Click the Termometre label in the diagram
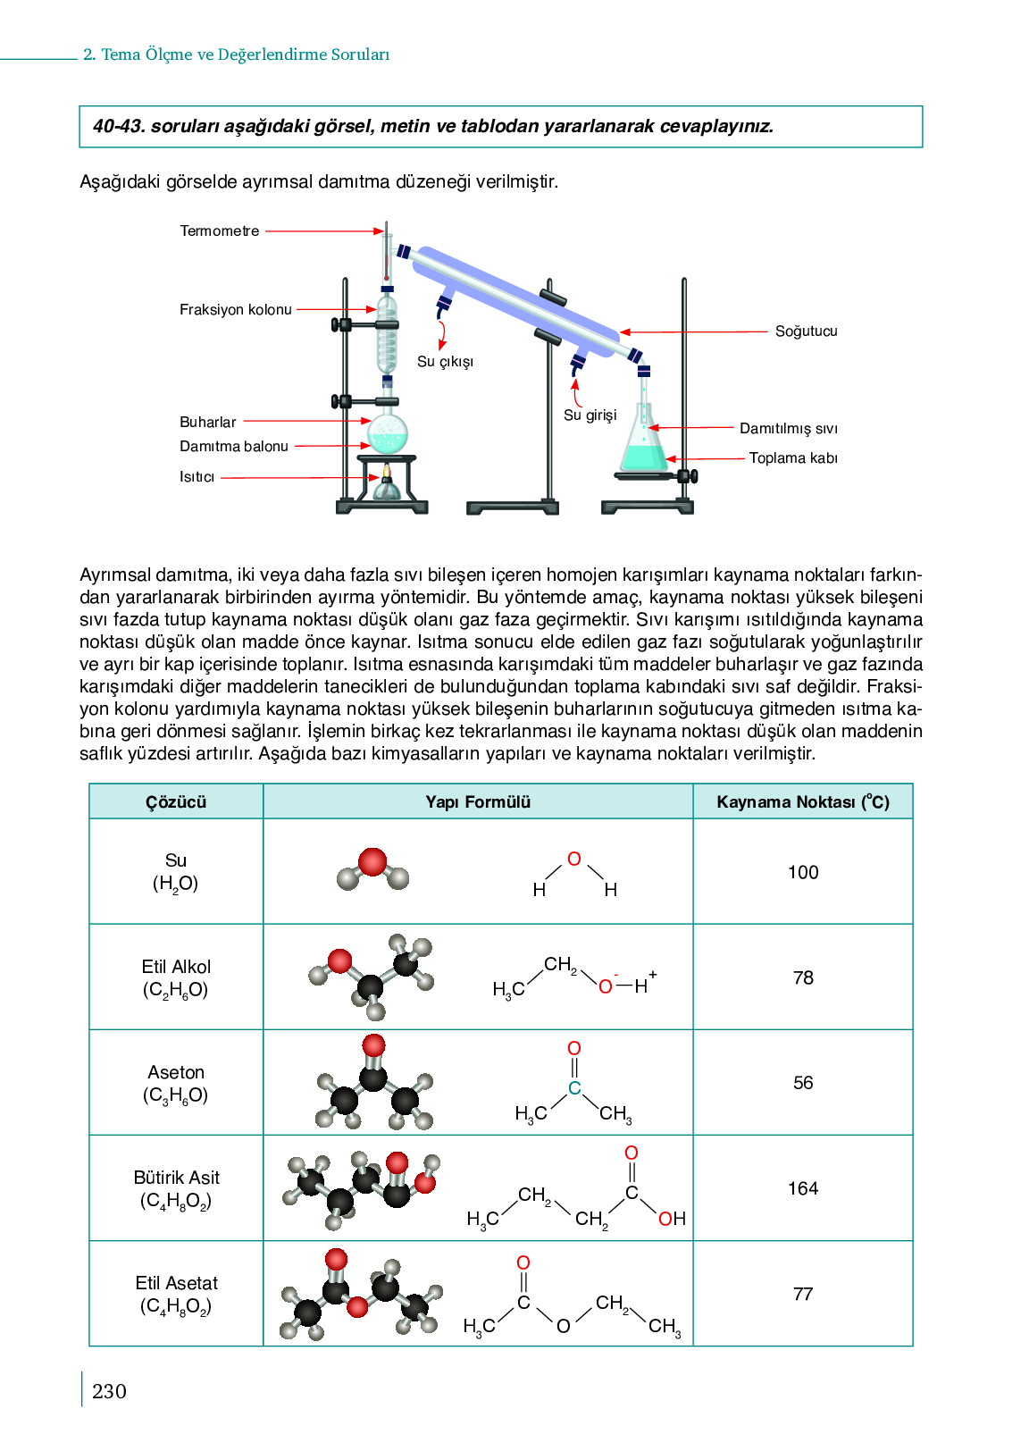click(x=220, y=231)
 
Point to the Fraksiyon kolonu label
click(x=236, y=310)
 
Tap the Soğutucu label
click(x=806, y=331)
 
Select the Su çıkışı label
click(x=445, y=362)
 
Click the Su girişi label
click(x=590, y=415)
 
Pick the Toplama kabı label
click(x=792, y=458)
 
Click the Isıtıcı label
click(x=197, y=477)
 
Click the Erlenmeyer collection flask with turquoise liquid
click(x=643, y=446)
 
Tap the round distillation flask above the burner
click(x=388, y=433)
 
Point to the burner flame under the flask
click(x=387, y=471)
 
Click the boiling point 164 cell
click(x=802, y=1188)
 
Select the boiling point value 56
click(x=802, y=1083)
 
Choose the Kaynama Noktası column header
click(x=802, y=801)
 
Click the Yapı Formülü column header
click(x=478, y=801)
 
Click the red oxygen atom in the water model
click(x=372, y=862)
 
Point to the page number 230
click(x=109, y=1391)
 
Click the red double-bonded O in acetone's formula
click(x=574, y=1048)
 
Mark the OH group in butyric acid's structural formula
click(x=672, y=1219)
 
